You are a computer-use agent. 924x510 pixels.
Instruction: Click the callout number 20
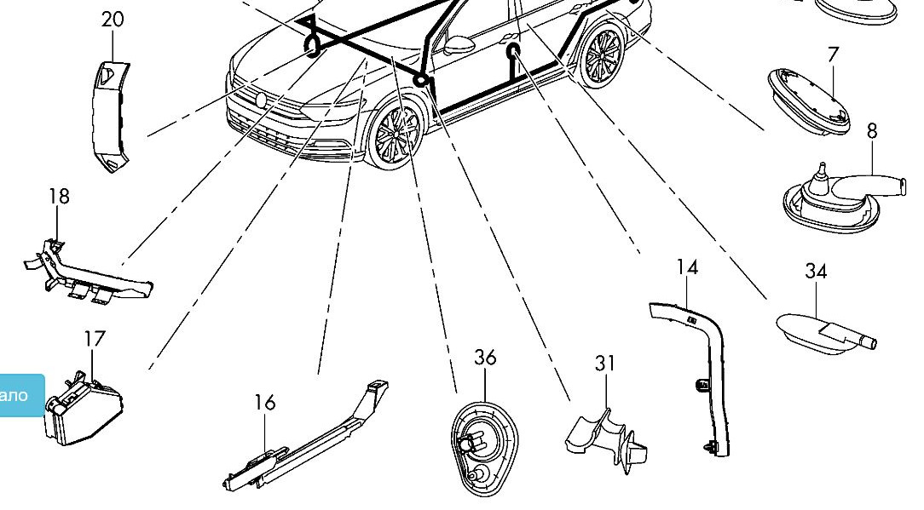[113, 19]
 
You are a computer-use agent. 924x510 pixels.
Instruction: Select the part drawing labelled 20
[111, 115]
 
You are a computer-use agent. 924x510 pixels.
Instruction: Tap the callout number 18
[59, 197]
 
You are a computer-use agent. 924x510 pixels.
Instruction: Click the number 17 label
[95, 339]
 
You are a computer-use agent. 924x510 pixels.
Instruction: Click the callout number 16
[265, 402]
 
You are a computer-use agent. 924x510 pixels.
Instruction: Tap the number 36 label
[485, 358]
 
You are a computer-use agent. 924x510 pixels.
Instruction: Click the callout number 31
[605, 364]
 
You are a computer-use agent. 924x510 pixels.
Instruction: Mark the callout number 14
[687, 267]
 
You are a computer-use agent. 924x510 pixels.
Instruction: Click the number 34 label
[816, 272]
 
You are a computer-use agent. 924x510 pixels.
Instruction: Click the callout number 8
[872, 132]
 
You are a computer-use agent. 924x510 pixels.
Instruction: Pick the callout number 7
[833, 54]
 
